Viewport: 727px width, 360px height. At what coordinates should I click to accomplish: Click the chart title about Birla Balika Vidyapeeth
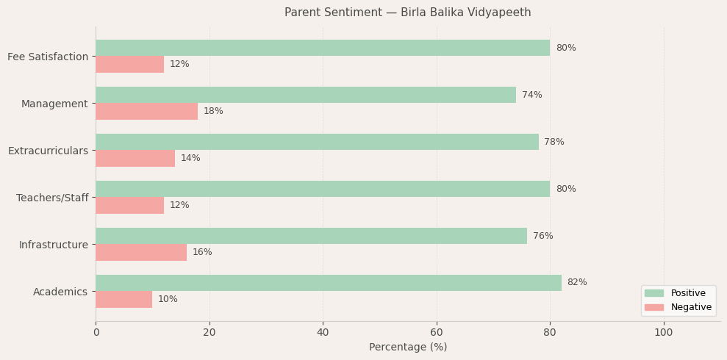[x=407, y=12]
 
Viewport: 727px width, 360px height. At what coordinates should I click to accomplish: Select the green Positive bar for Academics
[x=328, y=283]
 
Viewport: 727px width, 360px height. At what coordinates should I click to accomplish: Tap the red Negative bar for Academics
[x=123, y=299]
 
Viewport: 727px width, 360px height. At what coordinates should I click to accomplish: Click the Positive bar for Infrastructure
[x=311, y=236]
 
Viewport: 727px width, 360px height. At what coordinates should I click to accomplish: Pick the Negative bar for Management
[x=146, y=111]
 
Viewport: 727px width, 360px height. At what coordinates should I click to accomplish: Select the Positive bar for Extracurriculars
[x=317, y=142]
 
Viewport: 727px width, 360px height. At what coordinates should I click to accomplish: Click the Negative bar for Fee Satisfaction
[x=129, y=64]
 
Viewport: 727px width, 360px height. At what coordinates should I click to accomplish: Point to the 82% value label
[x=577, y=283]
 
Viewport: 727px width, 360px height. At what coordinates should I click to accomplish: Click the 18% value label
[x=213, y=111]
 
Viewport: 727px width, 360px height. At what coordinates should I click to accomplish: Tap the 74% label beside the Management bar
[x=531, y=95]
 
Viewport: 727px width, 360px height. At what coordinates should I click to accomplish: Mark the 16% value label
[x=202, y=252]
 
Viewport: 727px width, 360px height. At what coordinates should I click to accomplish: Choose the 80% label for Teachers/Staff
[x=565, y=189]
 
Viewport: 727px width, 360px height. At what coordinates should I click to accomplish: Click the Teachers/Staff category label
[x=52, y=198]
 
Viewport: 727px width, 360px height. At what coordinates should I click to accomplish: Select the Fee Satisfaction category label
[x=48, y=57]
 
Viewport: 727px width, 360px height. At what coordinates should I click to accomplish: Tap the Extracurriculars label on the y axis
[x=48, y=151]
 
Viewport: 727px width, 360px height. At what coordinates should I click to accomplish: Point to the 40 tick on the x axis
[x=323, y=332]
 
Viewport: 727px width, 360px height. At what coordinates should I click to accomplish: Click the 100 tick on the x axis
[x=663, y=332]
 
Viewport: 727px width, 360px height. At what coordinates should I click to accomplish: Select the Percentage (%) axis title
[x=407, y=347]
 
